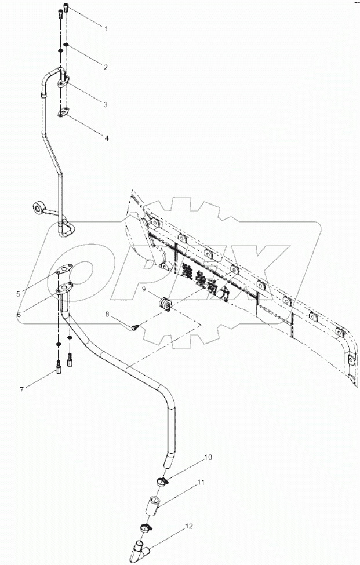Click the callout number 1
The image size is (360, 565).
click(106, 28)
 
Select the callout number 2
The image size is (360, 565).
click(106, 67)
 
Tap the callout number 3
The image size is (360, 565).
click(106, 104)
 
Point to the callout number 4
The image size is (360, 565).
click(106, 138)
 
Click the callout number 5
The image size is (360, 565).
click(19, 294)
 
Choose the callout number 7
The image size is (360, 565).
click(22, 389)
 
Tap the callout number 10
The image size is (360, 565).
click(208, 458)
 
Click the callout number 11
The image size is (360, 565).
click(200, 482)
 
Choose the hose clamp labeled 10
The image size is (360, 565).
click(161, 480)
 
